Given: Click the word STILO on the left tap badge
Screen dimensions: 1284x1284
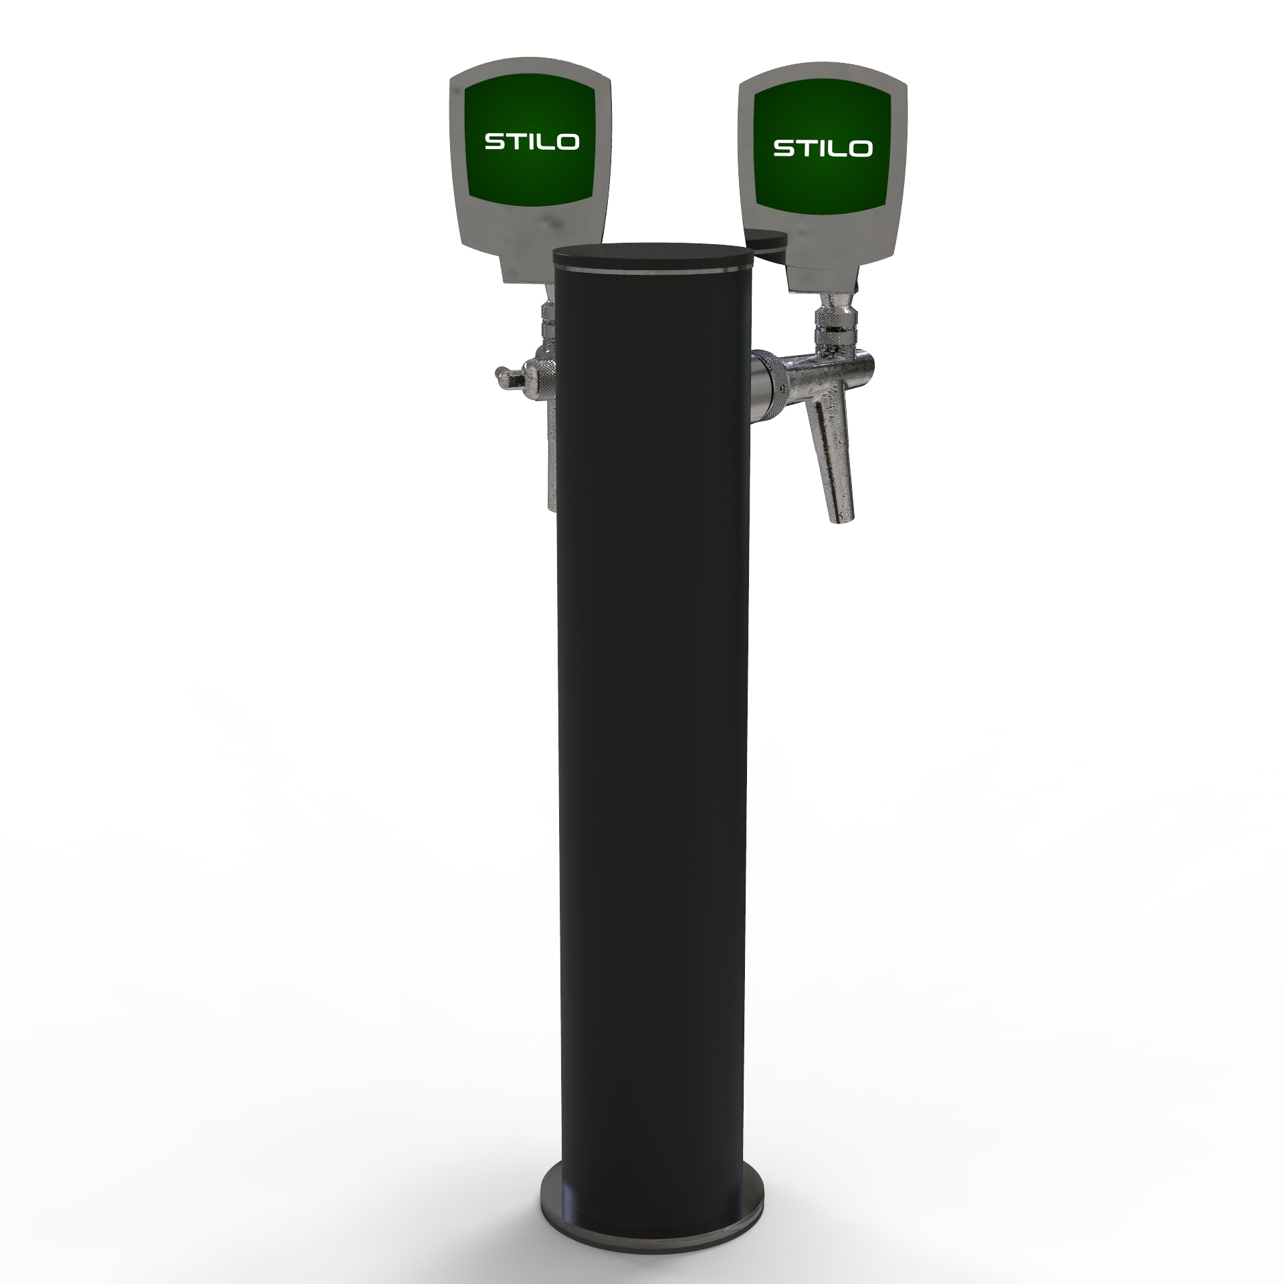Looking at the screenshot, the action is click(532, 142).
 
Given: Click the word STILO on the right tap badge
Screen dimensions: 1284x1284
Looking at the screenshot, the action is click(823, 148).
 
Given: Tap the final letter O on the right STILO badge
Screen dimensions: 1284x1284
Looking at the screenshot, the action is click(861, 148).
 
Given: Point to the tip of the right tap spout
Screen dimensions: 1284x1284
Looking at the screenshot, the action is click(842, 518).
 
